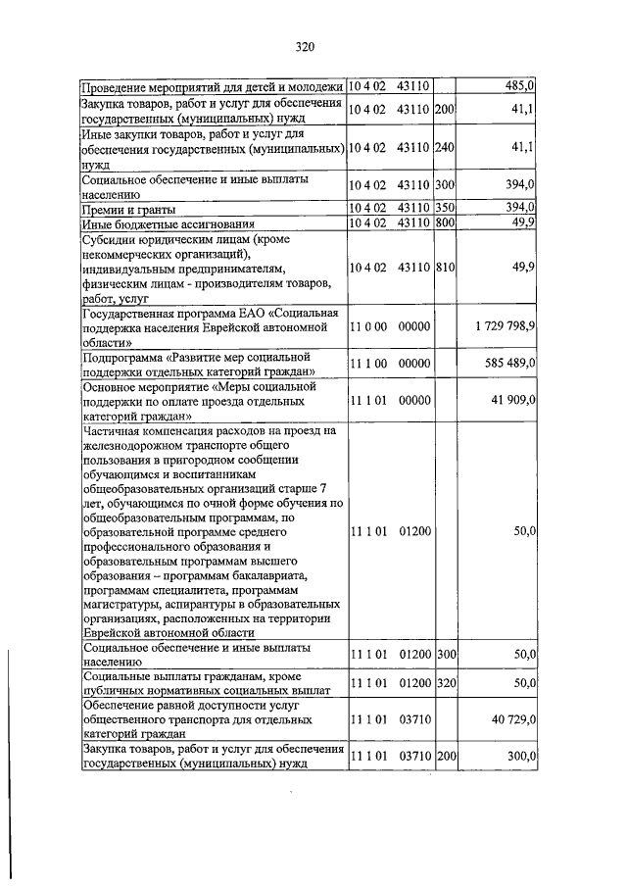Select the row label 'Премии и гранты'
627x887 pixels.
coord(129,209)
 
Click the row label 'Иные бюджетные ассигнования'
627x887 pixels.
coord(162,223)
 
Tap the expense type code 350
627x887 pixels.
coord(446,209)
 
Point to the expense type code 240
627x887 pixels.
coord(446,147)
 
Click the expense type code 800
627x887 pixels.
coord(446,223)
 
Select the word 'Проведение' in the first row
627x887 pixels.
coord(118,86)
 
